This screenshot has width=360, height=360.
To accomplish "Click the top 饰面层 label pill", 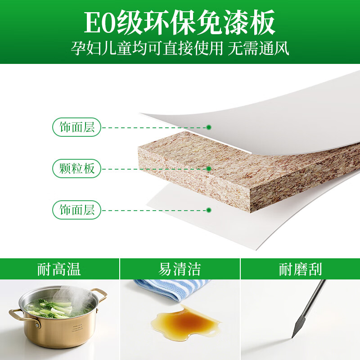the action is click(x=76, y=127).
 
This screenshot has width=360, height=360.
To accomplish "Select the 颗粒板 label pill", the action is click(x=76, y=168).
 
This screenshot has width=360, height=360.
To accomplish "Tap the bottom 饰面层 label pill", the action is click(x=76, y=210).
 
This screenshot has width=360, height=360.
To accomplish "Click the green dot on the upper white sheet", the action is click(x=209, y=127).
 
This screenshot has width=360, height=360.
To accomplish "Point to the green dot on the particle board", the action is click(x=209, y=169).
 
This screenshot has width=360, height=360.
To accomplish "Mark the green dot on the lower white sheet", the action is click(x=209, y=210).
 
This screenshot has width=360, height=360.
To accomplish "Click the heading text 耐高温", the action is click(x=59, y=269).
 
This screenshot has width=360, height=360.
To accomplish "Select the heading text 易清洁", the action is click(x=180, y=269).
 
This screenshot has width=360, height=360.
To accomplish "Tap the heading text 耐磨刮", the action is click(x=300, y=269).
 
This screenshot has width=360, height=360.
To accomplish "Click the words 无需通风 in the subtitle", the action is click(x=258, y=49).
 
